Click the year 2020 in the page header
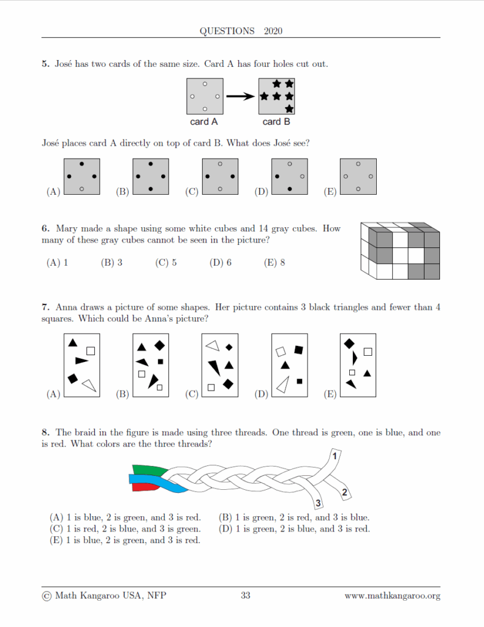click(x=273, y=31)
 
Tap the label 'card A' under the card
click(x=204, y=122)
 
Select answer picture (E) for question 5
click(x=358, y=177)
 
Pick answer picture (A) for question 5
click(x=81, y=177)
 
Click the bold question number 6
click(x=45, y=229)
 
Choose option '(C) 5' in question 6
click(x=166, y=263)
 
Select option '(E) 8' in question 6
click(x=274, y=263)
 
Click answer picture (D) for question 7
click(x=290, y=366)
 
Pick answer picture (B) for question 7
click(x=151, y=366)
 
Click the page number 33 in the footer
click(x=245, y=595)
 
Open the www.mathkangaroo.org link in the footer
click(x=392, y=595)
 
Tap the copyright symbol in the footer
click(x=47, y=596)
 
